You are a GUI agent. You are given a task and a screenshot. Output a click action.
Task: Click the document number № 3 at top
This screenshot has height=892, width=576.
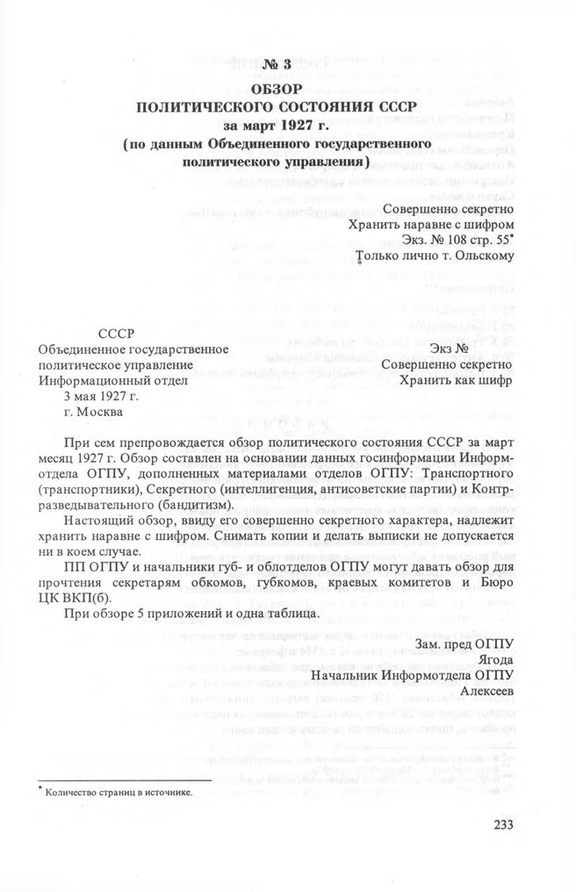(275, 65)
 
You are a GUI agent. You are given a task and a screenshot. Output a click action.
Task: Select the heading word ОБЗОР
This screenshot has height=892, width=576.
(275, 89)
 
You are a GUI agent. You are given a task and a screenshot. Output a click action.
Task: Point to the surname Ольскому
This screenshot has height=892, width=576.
(479, 256)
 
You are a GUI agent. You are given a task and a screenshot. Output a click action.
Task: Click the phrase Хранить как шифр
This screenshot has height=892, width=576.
(456, 381)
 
